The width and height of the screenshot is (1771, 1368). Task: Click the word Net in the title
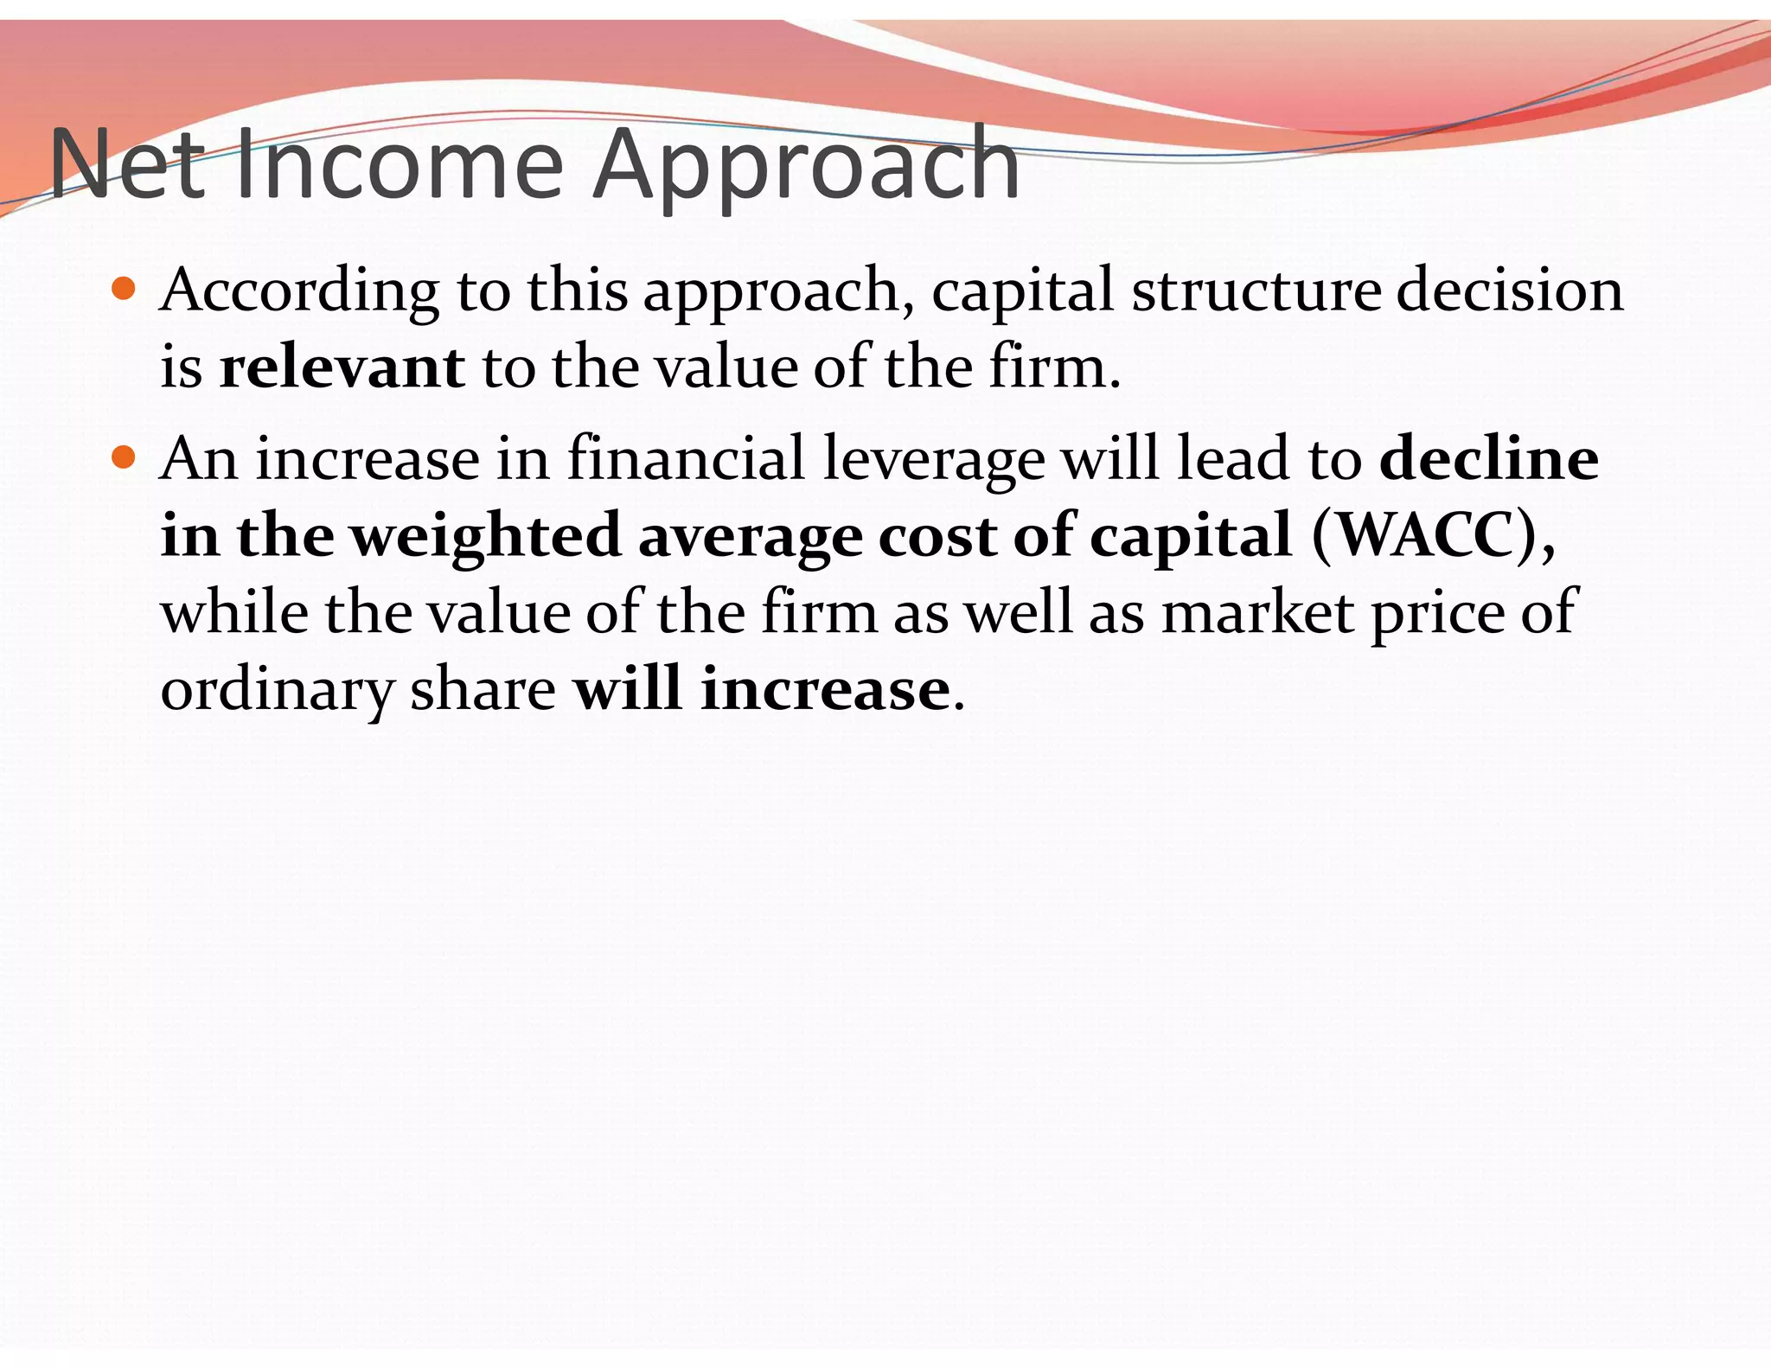127,164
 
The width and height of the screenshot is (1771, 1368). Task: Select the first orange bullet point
124,289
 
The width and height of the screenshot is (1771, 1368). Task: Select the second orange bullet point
124,457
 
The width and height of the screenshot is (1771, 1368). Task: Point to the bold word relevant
342,368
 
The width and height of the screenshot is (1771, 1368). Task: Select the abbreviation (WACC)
1432,535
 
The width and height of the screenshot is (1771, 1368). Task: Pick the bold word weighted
485,537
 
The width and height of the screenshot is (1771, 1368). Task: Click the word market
1257,613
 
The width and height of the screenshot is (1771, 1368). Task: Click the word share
483,690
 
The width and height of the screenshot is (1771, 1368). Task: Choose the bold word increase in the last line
825,690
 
